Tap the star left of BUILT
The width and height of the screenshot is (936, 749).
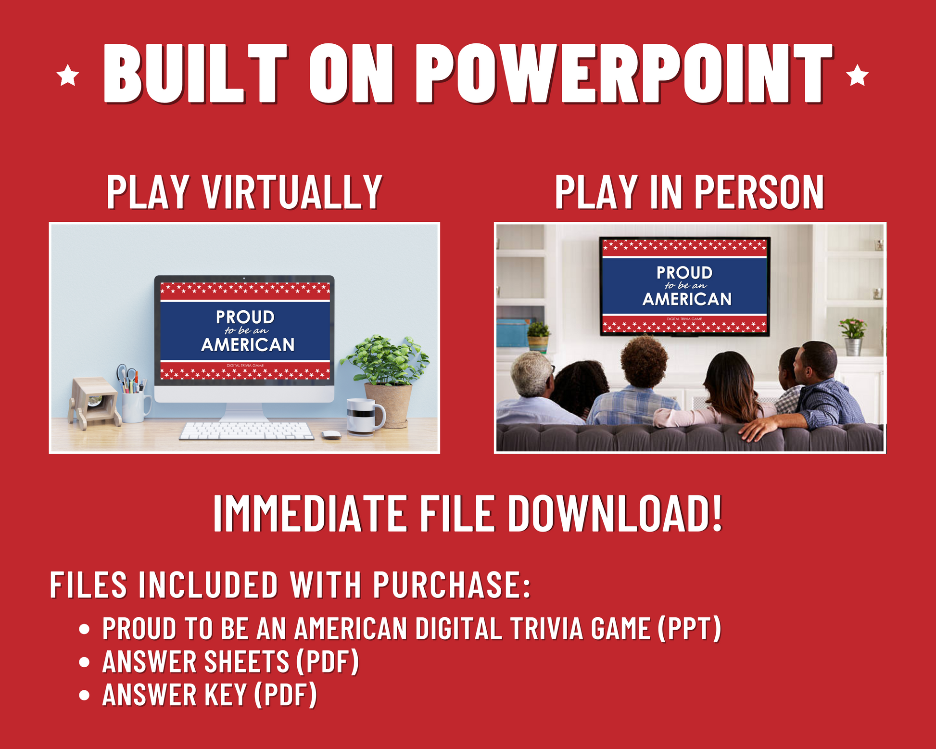pos(68,76)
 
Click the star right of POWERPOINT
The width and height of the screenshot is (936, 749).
pos(857,76)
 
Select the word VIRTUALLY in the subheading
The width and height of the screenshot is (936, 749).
pos(292,192)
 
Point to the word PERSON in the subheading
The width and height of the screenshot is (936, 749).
pos(759,192)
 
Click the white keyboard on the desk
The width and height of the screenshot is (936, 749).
pos(246,431)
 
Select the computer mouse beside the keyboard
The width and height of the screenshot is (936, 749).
pos(331,435)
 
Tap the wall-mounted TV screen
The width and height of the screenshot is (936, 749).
pos(684,286)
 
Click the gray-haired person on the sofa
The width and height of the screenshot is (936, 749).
pos(534,390)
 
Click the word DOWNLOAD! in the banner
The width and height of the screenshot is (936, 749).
pos(616,513)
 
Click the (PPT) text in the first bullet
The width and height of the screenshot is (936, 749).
pos(690,628)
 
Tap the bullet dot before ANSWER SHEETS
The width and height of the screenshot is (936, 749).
pos(85,662)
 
